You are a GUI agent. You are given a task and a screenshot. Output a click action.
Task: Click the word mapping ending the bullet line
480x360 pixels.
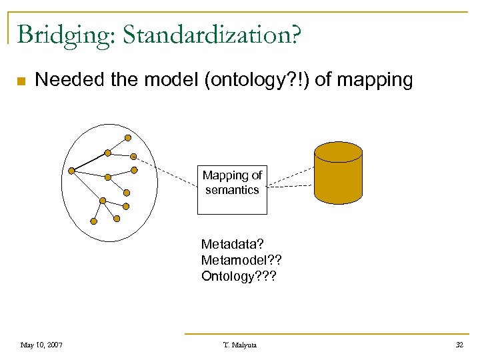click(x=375, y=81)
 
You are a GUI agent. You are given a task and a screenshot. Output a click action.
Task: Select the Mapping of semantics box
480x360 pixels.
click(x=232, y=189)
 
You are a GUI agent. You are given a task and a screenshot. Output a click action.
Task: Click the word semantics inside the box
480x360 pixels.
click(x=232, y=190)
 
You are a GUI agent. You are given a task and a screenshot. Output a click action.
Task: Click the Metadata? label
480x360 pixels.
click(x=228, y=244)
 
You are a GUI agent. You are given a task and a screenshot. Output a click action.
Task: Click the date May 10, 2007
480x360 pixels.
click(x=41, y=345)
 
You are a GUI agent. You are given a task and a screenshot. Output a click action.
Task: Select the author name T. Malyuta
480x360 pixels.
click(x=239, y=345)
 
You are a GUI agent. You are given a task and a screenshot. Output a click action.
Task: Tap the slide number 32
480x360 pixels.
click(x=459, y=345)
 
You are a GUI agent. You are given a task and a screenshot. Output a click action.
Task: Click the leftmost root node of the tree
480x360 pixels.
click(x=71, y=171)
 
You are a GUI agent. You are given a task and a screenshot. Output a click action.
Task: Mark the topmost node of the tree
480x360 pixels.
click(x=128, y=138)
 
